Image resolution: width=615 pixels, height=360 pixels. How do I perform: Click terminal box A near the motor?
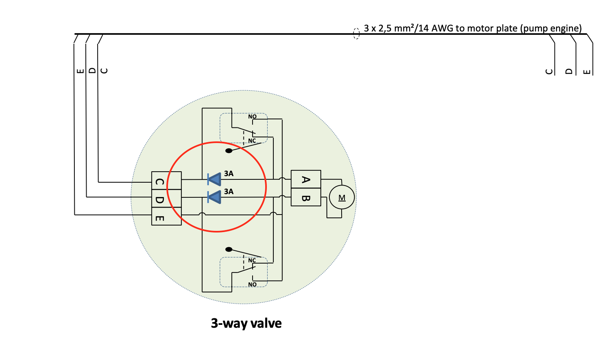306,179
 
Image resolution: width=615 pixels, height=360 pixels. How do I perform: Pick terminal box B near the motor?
306,197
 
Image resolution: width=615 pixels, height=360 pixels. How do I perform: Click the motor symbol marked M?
342,198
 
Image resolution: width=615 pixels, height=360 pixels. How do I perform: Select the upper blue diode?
214,179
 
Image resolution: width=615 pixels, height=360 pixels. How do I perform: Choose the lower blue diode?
214,197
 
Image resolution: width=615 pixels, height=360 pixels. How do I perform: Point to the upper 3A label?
229,174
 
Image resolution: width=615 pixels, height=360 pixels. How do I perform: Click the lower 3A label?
229,192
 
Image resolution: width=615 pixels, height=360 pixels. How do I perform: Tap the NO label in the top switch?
253,117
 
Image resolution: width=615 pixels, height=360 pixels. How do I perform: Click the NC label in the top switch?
252,141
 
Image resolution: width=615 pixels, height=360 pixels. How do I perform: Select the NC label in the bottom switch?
252,260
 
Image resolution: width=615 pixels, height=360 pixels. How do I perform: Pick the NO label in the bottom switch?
253,284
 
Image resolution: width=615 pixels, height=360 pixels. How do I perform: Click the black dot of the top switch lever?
229,151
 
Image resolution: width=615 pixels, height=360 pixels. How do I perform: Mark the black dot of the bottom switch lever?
229,249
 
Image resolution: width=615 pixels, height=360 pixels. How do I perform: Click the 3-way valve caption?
246,323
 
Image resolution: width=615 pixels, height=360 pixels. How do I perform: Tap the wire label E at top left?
80,71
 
